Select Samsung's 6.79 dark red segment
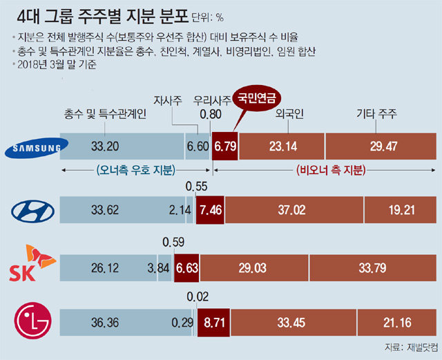pyautogui.click(x=225, y=146)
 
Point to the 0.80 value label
pyautogui.click(x=211, y=115)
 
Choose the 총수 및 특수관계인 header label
pyautogui.click(x=105, y=115)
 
